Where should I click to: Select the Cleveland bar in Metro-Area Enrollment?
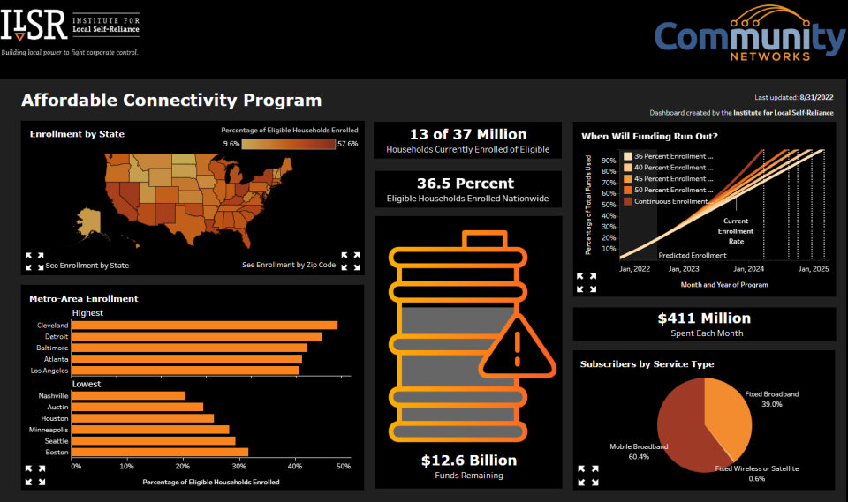click(x=204, y=325)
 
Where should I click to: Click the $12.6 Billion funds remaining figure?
click(x=468, y=460)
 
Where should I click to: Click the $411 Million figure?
click(x=704, y=318)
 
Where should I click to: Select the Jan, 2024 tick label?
click(x=748, y=268)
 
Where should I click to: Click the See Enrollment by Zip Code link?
click(x=289, y=265)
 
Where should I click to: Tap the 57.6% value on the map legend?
click(x=347, y=143)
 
